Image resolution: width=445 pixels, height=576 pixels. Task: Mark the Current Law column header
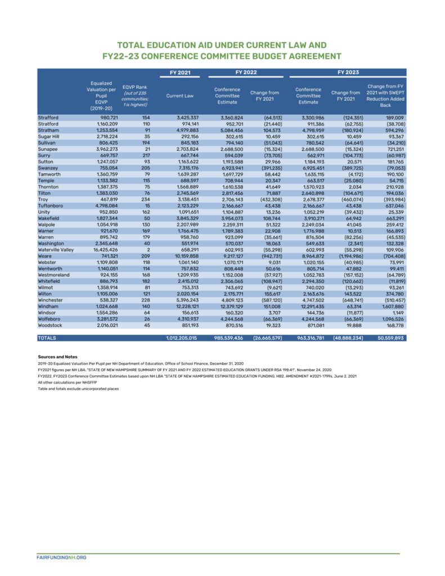[x=180, y=96]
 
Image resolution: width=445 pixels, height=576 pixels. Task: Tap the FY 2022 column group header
[x=246, y=73]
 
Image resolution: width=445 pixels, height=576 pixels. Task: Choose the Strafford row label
[x=48, y=118]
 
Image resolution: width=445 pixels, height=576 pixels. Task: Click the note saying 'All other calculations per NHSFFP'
[x=65, y=382]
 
